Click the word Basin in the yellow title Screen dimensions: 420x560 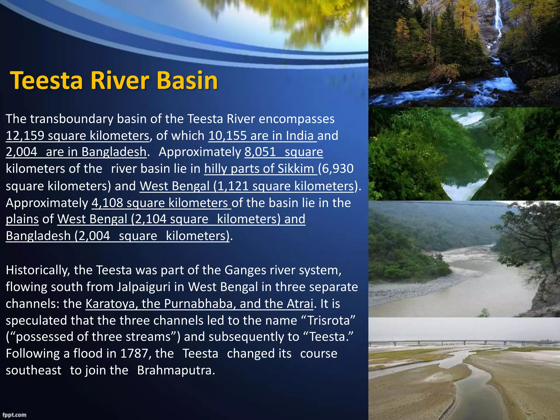tap(187, 80)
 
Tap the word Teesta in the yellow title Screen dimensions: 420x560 tap(46, 80)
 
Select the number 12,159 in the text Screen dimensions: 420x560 tap(25, 136)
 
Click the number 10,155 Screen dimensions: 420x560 tap(227, 136)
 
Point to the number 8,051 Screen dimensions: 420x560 tap(260, 152)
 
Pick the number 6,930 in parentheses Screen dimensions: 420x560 tap(338, 169)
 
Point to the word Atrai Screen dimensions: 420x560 tap(300, 304)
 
